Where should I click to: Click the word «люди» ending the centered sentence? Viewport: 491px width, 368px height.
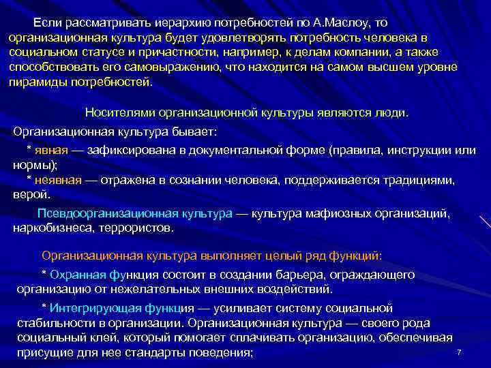tap(392, 112)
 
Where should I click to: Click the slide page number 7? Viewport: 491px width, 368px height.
tap(459, 352)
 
